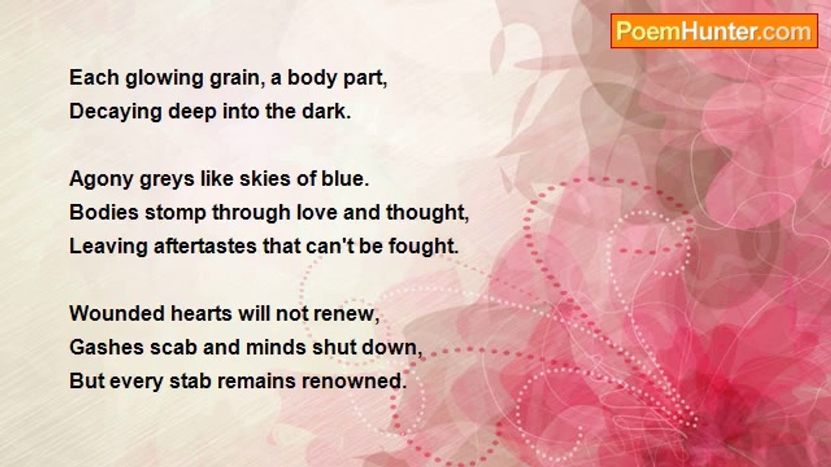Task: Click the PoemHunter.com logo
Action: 714,31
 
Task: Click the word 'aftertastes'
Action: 205,246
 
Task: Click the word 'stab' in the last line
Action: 190,381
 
